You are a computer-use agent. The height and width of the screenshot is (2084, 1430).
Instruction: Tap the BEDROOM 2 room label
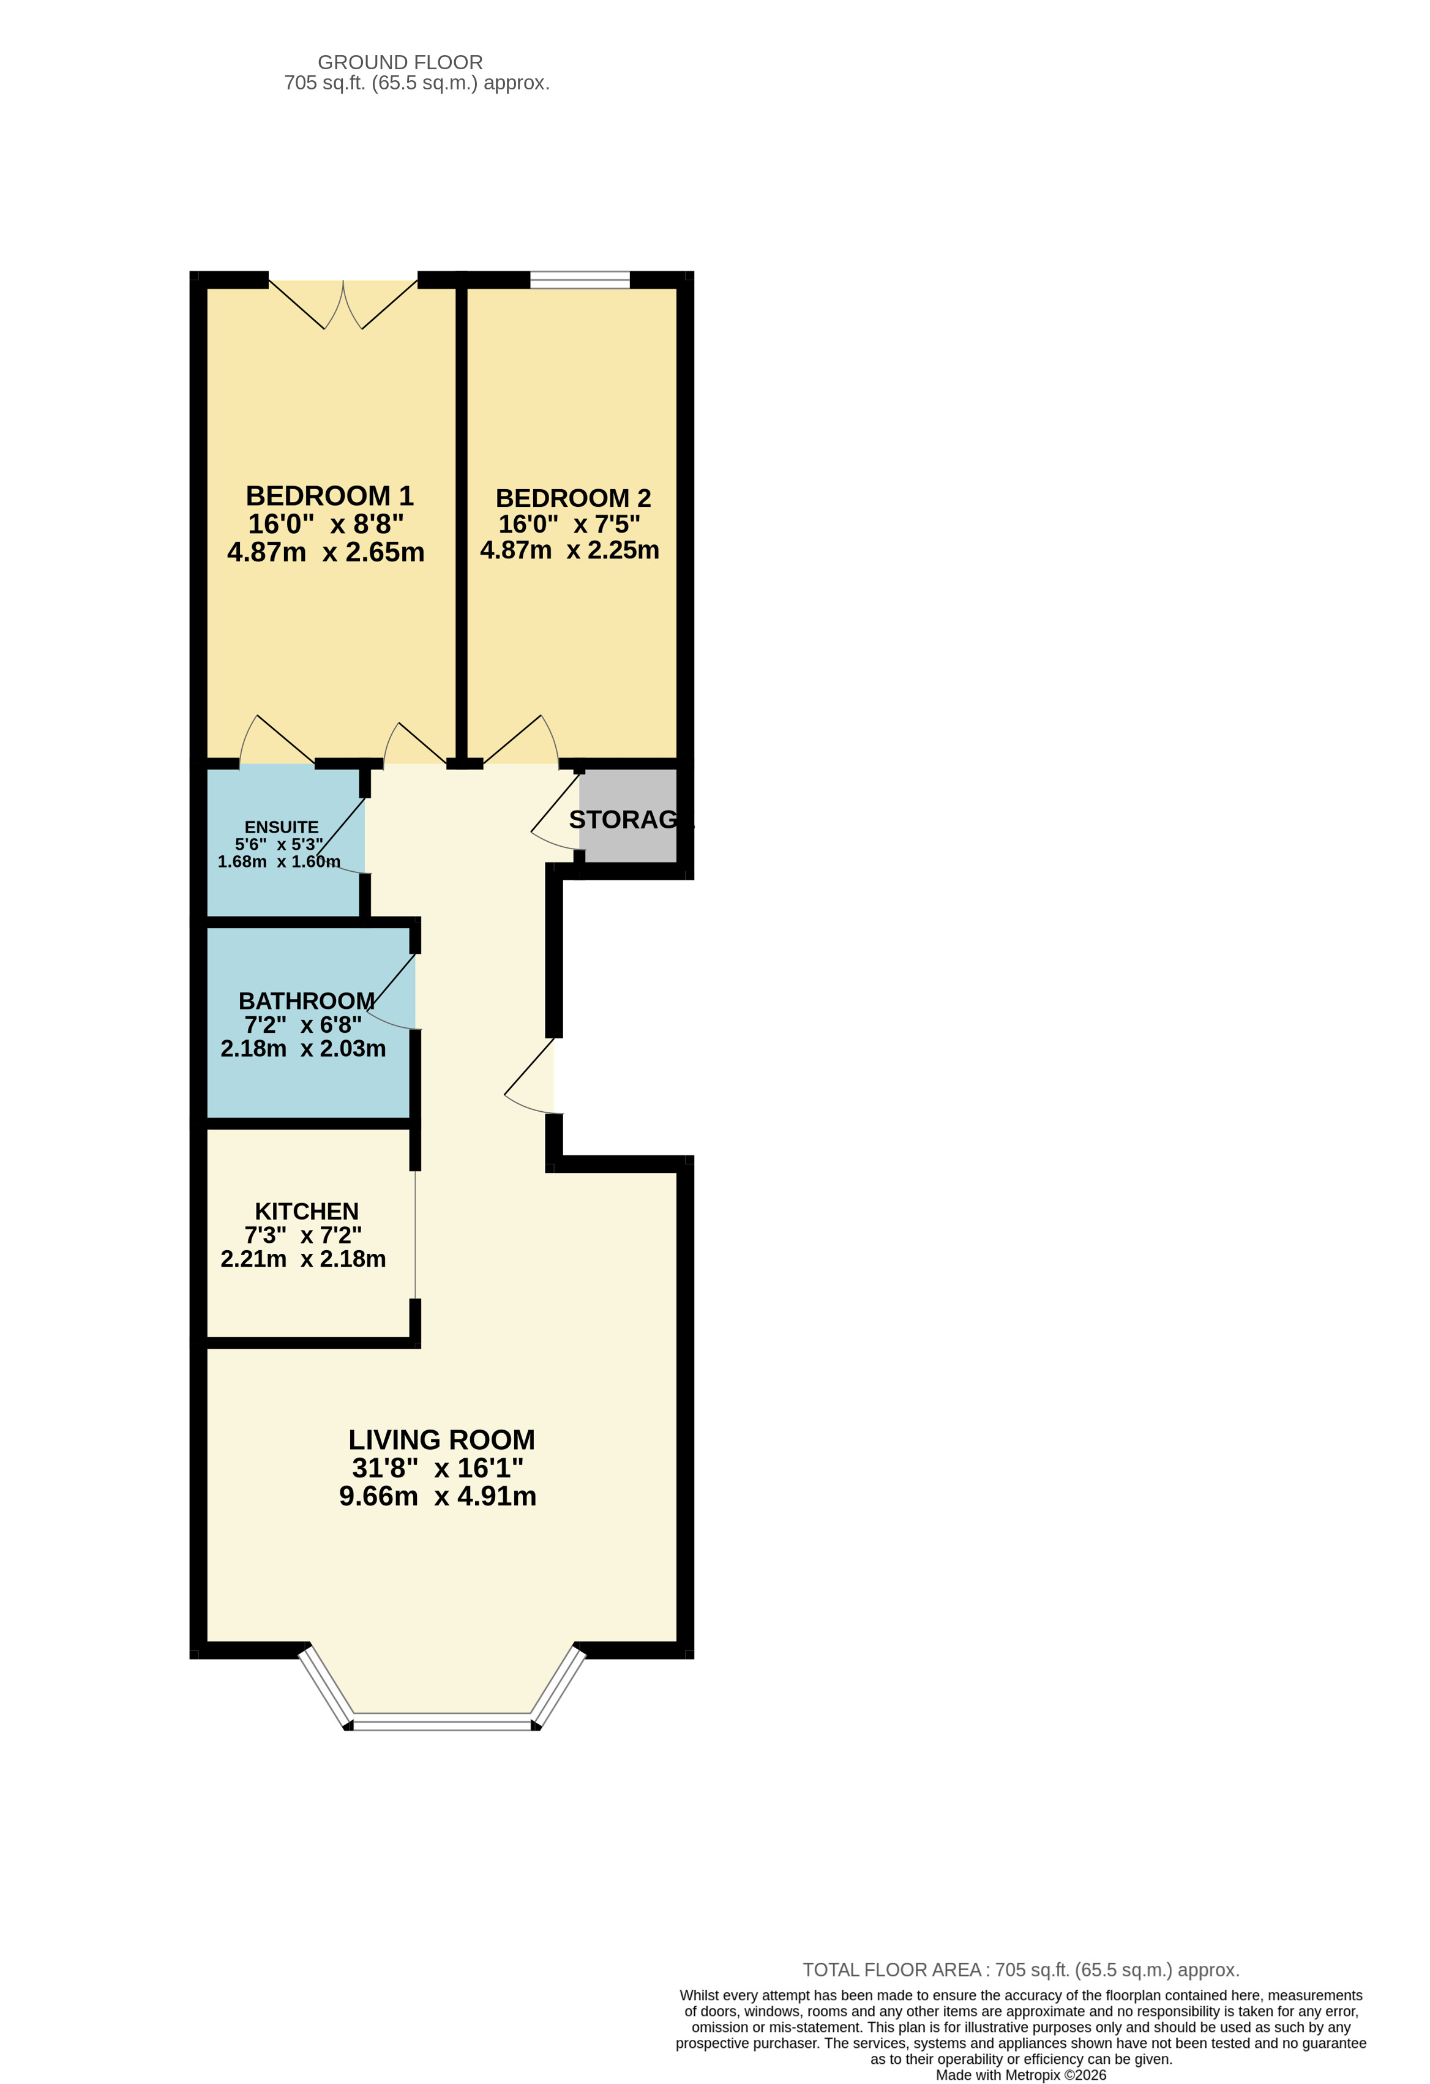[573, 498]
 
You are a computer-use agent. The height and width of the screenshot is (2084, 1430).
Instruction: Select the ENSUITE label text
[282, 826]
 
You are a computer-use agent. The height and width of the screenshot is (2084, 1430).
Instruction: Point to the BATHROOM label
[307, 1001]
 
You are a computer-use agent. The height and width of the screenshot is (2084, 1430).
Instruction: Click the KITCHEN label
[307, 1212]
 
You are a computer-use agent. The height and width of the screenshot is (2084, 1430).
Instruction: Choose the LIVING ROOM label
[441, 1439]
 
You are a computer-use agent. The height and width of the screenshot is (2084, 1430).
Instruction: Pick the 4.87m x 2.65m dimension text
[326, 552]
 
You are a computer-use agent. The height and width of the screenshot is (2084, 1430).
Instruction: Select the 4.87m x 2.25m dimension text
[569, 550]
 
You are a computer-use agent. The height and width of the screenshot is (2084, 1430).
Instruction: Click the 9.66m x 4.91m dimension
[438, 1496]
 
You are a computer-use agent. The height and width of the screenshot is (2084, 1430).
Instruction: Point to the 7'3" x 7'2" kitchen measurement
[303, 1235]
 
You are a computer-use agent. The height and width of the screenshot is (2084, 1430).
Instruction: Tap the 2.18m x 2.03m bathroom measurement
[303, 1048]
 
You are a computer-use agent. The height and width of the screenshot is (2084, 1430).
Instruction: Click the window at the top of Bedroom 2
[580, 279]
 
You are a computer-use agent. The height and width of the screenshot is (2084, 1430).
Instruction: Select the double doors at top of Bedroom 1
[343, 303]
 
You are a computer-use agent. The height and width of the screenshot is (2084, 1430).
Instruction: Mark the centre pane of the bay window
[442, 1719]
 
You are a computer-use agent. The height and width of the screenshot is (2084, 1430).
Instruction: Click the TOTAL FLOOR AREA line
[1020, 1970]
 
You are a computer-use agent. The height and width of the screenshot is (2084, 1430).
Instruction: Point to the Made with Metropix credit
[1020, 2075]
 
